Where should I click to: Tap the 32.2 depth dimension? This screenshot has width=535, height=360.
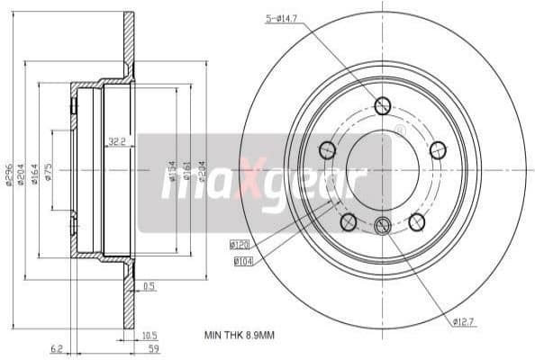click(x=116, y=141)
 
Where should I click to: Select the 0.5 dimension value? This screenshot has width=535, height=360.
click(x=150, y=287)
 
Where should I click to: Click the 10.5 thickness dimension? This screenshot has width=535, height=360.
click(x=150, y=335)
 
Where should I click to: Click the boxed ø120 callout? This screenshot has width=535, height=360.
click(x=240, y=244)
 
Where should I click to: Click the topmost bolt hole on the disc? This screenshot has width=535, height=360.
click(x=383, y=106)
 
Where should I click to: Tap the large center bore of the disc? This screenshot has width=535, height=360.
click(x=383, y=167)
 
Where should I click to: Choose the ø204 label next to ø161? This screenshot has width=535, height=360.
click(x=202, y=170)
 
